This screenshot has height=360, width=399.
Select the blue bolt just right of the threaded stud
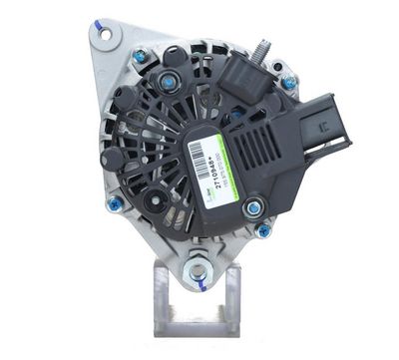coord(288,83)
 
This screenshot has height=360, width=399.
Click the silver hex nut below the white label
coord(254,208)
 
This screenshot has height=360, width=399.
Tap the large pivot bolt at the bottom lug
coord(198,270)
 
